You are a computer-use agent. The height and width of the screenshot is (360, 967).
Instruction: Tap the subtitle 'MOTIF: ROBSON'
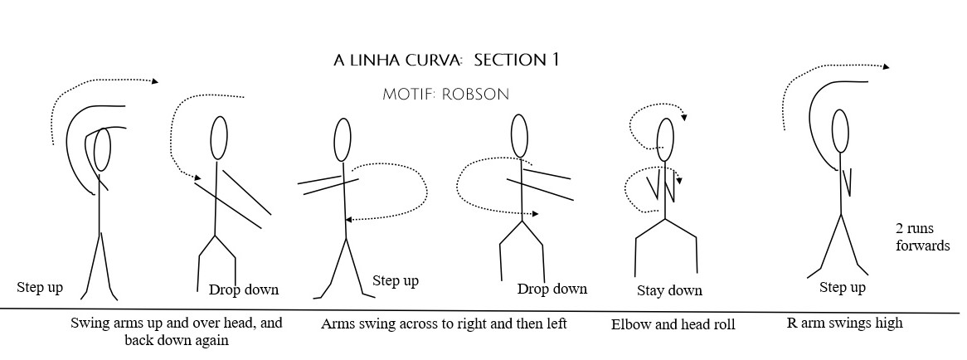pyautogui.click(x=445, y=94)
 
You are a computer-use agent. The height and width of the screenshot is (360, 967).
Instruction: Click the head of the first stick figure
pyautogui.click(x=103, y=149)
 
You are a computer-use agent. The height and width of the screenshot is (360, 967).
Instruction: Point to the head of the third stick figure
pyautogui.click(x=342, y=139)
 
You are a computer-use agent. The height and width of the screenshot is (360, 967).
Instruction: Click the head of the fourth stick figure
pyautogui.click(x=519, y=135)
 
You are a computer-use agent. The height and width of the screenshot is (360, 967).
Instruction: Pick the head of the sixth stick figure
pyautogui.click(x=840, y=132)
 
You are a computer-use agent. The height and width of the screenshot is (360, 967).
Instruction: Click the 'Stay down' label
pyautogui.click(x=669, y=290)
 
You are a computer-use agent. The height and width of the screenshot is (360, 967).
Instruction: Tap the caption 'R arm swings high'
pyautogui.click(x=844, y=323)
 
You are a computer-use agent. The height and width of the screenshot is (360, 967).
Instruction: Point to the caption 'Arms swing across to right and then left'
pyautogui.click(x=444, y=324)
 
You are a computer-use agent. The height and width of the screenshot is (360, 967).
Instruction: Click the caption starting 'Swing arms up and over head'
pyautogui.click(x=177, y=331)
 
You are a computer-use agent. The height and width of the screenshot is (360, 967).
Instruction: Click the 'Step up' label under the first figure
pyautogui.click(x=40, y=287)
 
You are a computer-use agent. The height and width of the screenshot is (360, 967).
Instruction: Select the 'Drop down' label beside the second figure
pyautogui.click(x=244, y=289)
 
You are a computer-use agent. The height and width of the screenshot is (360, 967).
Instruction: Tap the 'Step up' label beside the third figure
pyautogui.click(x=396, y=280)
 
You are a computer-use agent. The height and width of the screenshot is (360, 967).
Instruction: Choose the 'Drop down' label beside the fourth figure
pyautogui.click(x=552, y=289)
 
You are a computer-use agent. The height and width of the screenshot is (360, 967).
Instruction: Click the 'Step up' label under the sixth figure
pyautogui.click(x=843, y=288)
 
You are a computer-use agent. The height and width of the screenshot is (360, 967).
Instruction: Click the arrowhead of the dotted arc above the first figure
pyautogui.click(x=156, y=80)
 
